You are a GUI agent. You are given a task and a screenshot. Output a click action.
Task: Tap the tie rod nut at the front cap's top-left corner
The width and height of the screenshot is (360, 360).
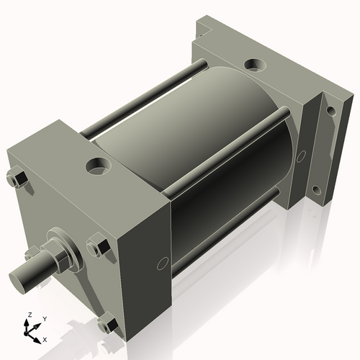pos(17,179)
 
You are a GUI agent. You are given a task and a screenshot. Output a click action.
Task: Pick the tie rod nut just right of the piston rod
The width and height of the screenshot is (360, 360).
pos(98,248)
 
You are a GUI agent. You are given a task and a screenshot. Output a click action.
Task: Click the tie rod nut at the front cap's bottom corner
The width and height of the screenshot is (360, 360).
pos(108,325)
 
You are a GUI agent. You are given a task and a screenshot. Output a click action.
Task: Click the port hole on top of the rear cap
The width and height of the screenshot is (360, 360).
pos(254,66)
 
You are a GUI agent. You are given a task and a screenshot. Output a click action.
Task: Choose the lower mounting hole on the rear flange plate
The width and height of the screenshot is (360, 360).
pos(315,190)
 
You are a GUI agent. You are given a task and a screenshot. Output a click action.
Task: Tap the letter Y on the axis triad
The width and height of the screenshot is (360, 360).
pos(44,318)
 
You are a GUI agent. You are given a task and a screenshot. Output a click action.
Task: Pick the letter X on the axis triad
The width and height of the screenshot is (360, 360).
pos(45,338)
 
